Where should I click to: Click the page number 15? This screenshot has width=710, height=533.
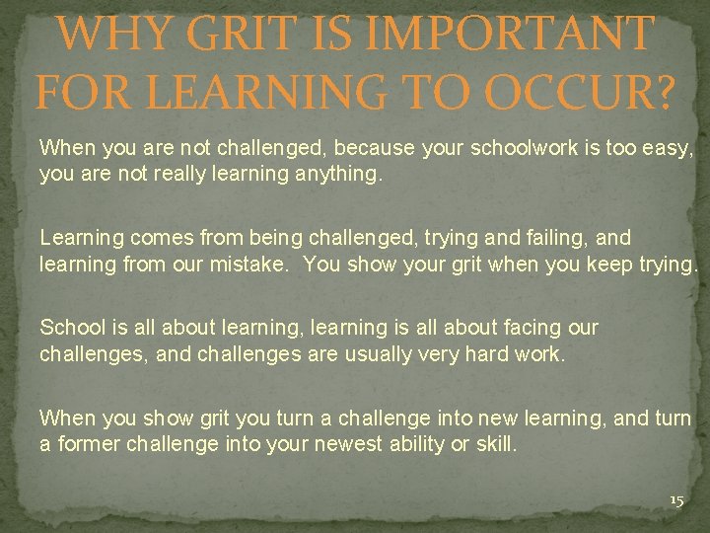tap(676, 501)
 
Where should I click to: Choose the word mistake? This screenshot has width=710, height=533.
tap(248, 265)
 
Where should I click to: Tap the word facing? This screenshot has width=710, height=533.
tap(526, 328)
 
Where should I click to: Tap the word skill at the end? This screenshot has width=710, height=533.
tap(497, 444)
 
